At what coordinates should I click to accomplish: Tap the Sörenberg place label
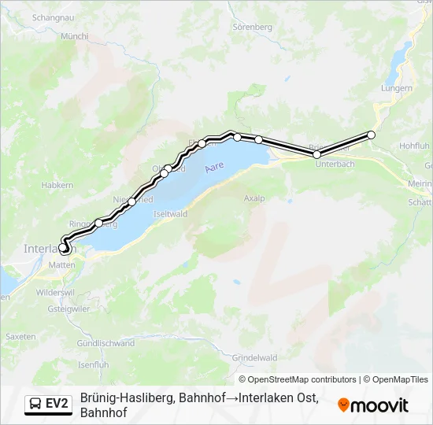tap(252, 27)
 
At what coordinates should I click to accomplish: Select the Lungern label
tap(397, 88)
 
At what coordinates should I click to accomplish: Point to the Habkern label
tap(56, 186)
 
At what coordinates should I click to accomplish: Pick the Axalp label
tap(254, 198)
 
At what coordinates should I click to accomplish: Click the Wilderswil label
tap(56, 291)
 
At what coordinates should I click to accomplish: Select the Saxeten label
tap(20, 336)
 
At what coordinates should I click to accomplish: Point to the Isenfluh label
tap(93, 365)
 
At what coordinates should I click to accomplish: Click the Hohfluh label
tap(414, 146)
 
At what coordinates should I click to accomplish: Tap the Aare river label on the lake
tap(214, 168)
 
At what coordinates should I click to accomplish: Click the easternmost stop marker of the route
tap(372, 135)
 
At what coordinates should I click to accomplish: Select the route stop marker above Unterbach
tap(317, 155)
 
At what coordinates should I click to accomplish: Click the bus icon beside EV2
tap(35, 404)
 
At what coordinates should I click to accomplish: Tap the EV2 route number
tap(57, 404)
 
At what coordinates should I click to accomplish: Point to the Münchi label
tap(75, 36)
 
